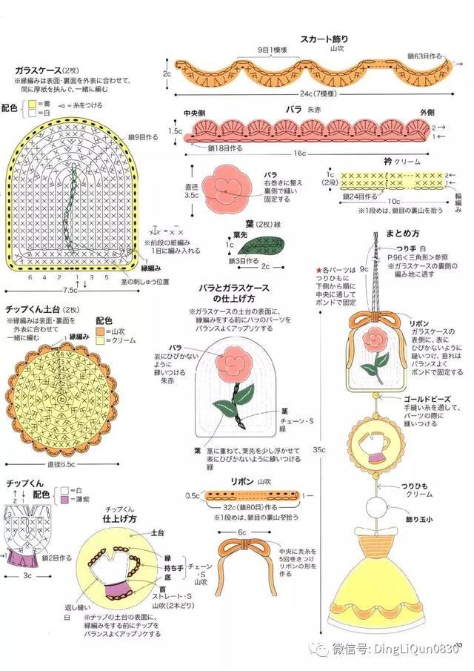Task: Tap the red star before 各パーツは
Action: [318, 269]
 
